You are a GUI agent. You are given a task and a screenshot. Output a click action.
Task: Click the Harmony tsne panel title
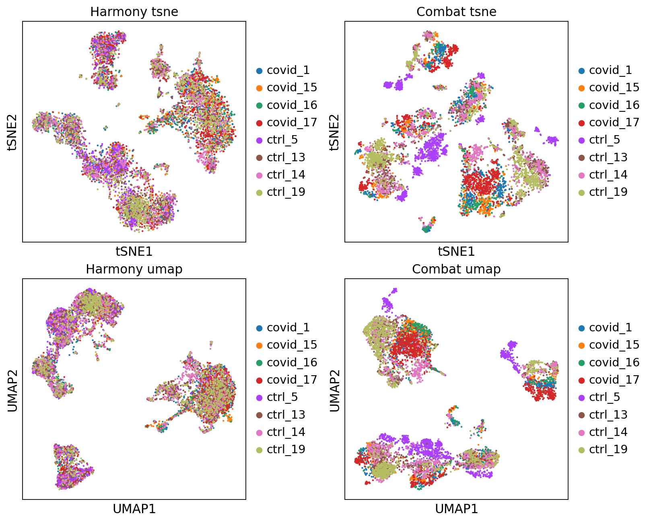pos(134,12)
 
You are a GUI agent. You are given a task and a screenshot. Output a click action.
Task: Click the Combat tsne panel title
pos(456,12)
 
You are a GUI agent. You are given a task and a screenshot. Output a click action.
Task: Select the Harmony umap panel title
pos(134,269)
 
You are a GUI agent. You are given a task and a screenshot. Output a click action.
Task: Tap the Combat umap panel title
pos(456,269)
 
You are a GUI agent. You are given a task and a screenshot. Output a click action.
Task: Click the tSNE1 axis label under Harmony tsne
pos(134,251)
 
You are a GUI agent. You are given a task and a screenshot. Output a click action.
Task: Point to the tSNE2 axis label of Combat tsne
pos(334,132)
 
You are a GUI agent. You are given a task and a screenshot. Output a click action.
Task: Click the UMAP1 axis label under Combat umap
pos(456,509)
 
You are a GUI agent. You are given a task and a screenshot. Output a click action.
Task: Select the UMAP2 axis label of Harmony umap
pos(12,389)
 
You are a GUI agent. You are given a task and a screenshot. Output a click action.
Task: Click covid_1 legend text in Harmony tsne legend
pos(288,70)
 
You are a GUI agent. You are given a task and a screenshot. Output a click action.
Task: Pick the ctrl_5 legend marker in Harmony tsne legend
pos(259,140)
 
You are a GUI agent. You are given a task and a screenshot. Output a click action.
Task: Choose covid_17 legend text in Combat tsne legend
pos(614,122)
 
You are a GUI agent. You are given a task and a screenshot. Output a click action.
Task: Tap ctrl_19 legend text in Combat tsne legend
pos(608,192)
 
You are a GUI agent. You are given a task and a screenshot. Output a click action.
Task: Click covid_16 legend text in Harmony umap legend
pos(292,362)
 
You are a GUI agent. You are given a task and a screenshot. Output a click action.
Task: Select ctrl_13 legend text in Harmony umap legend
pos(286,415)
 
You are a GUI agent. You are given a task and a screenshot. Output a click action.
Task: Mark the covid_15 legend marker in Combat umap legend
pos(581,345)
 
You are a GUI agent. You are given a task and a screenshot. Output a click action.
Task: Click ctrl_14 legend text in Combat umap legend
pos(608,432)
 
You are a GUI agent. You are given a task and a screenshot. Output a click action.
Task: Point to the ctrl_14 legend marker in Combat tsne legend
pos(581,175)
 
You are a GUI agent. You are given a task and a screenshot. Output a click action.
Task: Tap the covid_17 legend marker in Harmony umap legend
pos(259,380)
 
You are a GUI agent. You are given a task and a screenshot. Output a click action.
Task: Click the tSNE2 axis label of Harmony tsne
pos(12,132)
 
